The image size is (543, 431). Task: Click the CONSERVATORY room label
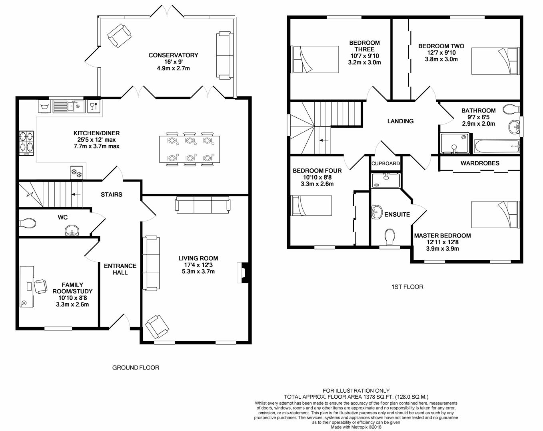(x=173, y=55)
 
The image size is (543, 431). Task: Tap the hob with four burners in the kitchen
(x=26, y=143)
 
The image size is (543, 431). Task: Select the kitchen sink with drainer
(x=69, y=106)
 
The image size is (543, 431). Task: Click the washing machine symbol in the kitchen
(x=45, y=106)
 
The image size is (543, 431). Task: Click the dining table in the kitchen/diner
(x=190, y=149)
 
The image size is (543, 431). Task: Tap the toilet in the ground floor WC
(x=27, y=223)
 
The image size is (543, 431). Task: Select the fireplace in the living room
(x=242, y=273)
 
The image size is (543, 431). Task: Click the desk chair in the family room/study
(x=40, y=287)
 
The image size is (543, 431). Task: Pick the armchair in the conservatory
(x=119, y=36)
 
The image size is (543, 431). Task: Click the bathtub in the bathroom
(x=497, y=146)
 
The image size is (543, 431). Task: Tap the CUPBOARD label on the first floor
(x=385, y=164)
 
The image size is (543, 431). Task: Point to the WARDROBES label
(x=480, y=163)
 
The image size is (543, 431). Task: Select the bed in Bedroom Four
(x=311, y=206)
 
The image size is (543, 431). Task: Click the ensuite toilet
(x=390, y=237)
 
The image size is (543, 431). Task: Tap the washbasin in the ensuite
(x=377, y=212)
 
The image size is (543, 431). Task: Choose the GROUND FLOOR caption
(x=136, y=368)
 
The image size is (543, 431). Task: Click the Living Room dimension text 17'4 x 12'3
(x=198, y=265)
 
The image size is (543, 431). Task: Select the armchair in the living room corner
(x=157, y=327)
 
